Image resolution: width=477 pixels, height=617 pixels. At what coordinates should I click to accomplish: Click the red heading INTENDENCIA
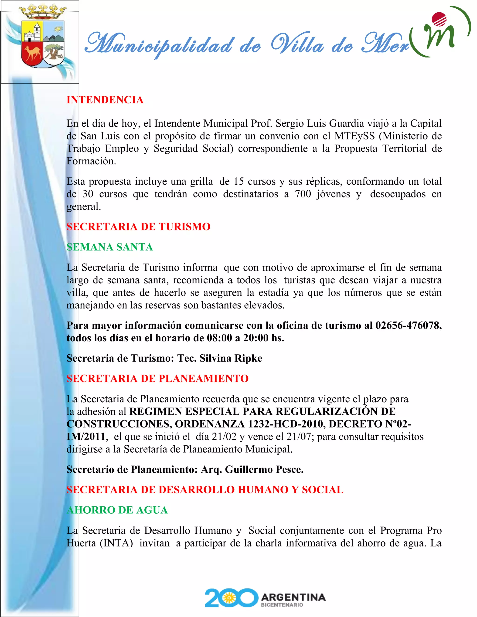105,100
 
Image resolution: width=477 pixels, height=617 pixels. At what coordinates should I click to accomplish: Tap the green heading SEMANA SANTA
110,247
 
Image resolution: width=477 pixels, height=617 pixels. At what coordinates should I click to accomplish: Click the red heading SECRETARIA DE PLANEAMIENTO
157,379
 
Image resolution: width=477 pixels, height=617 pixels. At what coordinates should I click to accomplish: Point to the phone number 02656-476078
407,325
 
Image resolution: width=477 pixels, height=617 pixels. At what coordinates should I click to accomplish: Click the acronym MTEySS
354,136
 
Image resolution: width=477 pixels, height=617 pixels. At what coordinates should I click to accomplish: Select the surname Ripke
248,358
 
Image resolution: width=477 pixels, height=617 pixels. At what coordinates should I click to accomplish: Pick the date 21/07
299,437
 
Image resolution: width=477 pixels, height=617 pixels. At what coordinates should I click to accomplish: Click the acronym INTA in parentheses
116,543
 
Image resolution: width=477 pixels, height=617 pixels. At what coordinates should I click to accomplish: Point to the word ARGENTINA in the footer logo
293,597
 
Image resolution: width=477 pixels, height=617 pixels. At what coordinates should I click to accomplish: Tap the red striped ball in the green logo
439,20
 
